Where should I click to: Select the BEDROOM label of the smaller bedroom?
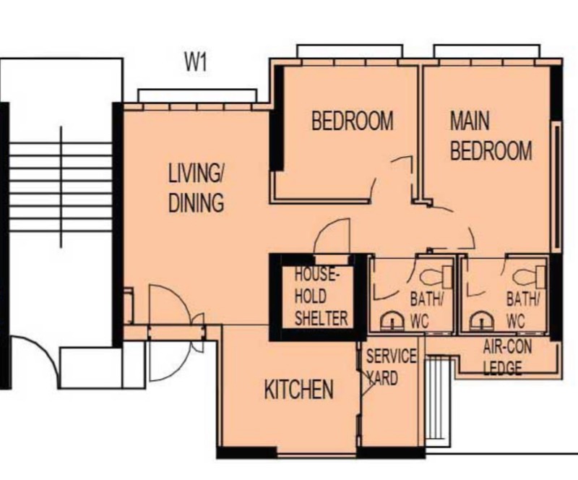click(353, 120)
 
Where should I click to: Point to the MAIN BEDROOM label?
click(491, 136)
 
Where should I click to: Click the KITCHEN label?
click(298, 390)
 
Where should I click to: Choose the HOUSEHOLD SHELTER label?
click(321, 297)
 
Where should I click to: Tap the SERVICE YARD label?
click(391, 367)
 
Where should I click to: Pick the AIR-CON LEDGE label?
click(507, 357)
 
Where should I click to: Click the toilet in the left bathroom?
click(436, 276)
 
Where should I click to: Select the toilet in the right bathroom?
click(529, 276)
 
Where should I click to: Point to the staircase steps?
click(61, 187)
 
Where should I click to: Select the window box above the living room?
click(197, 95)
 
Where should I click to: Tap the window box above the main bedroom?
click(487, 51)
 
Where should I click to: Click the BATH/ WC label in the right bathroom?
click(522, 310)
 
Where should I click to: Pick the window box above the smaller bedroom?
click(350, 51)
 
